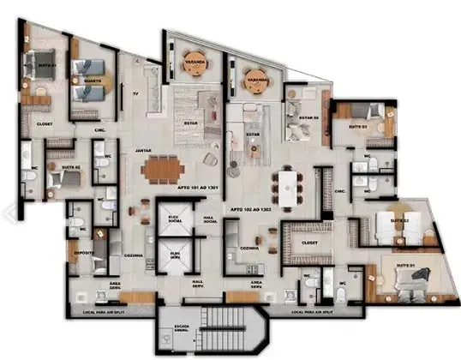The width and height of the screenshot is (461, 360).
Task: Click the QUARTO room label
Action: coord(92,81)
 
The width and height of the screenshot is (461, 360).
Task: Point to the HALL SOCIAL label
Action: coord(209,219)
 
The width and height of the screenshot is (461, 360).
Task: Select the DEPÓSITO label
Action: coord(82,253)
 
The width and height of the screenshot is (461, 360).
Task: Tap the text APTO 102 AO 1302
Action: coord(251,209)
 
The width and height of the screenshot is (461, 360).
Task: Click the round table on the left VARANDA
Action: coord(193,60)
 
